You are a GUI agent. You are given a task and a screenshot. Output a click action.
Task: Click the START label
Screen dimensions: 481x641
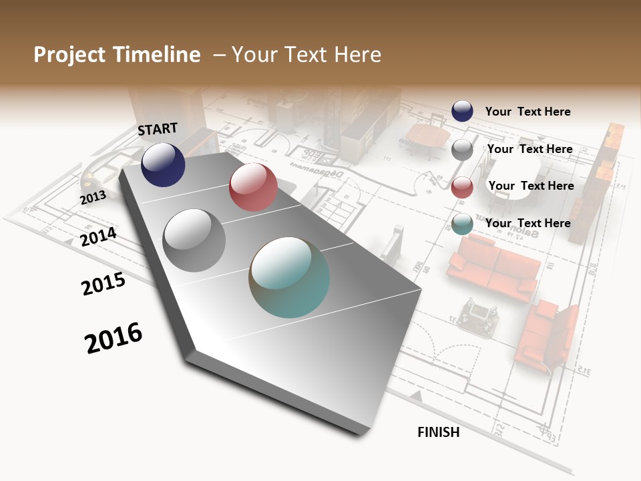(158, 129)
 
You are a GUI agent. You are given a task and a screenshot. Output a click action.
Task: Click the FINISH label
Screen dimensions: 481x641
(438, 432)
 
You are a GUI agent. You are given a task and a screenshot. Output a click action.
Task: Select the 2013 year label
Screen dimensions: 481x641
(93, 197)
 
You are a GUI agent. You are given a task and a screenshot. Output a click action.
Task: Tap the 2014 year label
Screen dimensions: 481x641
(98, 236)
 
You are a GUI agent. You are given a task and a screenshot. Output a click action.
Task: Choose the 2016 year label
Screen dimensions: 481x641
(114, 337)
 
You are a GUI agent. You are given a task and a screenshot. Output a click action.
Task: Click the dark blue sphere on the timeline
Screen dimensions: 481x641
(163, 165)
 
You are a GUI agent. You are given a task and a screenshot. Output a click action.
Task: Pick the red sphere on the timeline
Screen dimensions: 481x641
(253, 187)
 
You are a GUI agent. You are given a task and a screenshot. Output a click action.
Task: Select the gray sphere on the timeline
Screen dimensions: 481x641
(194, 240)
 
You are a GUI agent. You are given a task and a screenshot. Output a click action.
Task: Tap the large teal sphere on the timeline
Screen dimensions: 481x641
(289, 277)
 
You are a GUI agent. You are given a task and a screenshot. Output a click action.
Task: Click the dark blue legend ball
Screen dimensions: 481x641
(462, 111)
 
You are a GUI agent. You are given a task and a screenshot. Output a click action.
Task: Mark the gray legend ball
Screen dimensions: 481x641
(462, 150)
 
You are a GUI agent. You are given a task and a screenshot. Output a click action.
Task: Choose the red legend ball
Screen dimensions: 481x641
(462, 187)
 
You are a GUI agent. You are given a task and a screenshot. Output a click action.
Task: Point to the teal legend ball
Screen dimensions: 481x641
(462, 224)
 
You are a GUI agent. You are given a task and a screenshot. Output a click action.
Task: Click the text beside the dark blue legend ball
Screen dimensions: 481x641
(527, 112)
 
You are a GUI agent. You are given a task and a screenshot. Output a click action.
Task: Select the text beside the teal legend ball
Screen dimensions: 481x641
(527, 223)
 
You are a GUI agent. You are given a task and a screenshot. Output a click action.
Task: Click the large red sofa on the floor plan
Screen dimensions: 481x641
(494, 267)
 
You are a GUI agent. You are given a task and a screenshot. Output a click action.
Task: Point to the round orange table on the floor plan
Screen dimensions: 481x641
(427, 136)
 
